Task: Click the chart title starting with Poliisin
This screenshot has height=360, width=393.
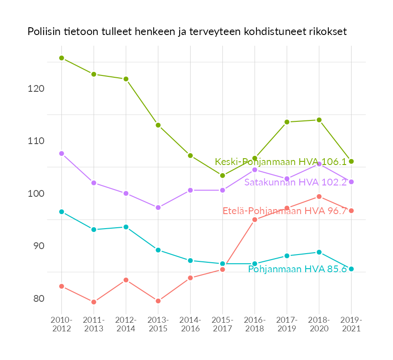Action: tap(187, 32)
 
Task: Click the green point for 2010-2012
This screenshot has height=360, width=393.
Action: tap(61, 58)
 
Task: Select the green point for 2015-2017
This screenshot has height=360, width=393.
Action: tap(222, 175)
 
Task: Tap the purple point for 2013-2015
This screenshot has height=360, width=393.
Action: tap(158, 208)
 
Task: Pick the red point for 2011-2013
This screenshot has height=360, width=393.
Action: tap(94, 302)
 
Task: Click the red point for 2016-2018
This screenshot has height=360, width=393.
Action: tap(255, 220)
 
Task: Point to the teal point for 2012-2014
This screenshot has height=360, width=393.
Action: tap(126, 227)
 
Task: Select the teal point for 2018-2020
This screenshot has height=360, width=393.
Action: tap(319, 252)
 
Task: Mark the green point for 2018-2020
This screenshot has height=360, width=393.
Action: tap(319, 120)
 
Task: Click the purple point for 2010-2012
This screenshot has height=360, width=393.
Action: tap(61, 154)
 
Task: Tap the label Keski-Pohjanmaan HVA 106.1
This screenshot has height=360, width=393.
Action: tap(281, 162)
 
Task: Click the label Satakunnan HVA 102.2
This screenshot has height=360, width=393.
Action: tap(296, 182)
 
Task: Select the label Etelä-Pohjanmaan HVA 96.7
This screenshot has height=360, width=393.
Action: tap(285, 211)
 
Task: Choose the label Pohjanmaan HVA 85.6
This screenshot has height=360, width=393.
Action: tap(297, 269)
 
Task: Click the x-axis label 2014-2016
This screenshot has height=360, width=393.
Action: tap(190, 325)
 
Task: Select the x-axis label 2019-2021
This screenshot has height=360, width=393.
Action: tap(351, 325)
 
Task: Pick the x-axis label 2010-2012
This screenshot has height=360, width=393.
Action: tap(61, 325)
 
